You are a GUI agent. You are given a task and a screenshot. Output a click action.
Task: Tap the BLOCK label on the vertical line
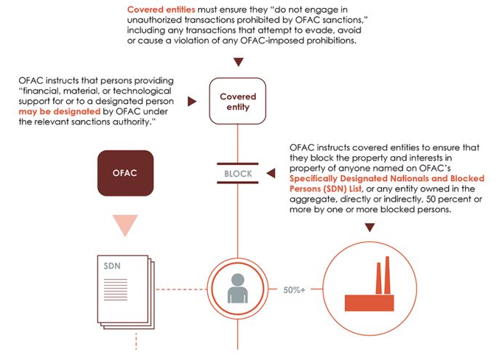[237, 175]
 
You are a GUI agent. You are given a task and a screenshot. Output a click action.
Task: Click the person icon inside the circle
[238, 289]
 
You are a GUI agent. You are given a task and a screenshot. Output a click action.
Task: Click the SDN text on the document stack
[112, 265]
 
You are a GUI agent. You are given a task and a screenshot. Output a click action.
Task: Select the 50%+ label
[293, 289]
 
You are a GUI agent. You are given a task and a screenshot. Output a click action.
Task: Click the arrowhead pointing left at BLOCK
[271, 174]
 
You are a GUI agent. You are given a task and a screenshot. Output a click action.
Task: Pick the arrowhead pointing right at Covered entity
[193, 101]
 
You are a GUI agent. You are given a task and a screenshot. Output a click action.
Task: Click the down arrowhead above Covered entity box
[237, 63]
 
